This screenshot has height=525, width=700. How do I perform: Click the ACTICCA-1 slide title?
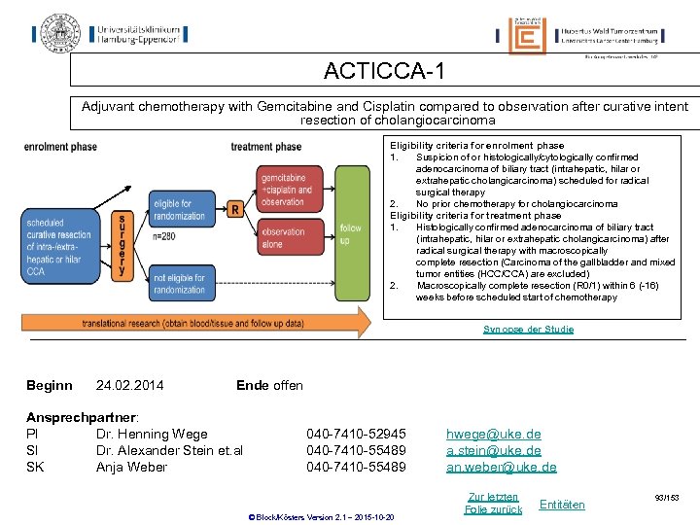click(384, 71)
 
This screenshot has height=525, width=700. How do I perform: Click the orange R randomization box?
click(234, 210)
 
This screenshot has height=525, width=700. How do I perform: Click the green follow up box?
click(350, 233)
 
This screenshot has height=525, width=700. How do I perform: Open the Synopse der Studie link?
click(528, 330)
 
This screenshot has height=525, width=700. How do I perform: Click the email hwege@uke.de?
click(493, 434)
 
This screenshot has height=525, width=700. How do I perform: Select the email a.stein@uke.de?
click(493, 450)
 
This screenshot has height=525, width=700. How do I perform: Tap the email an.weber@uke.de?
click(501, 467)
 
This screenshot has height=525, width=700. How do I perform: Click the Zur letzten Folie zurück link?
click(493, 503)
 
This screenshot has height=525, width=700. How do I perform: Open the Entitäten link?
click(562, 504)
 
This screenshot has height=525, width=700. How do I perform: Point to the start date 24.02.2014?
click(130, 386)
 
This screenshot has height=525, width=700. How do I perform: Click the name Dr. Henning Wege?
click(152, 434)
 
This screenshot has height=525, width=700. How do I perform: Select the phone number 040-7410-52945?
click(356, 434)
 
